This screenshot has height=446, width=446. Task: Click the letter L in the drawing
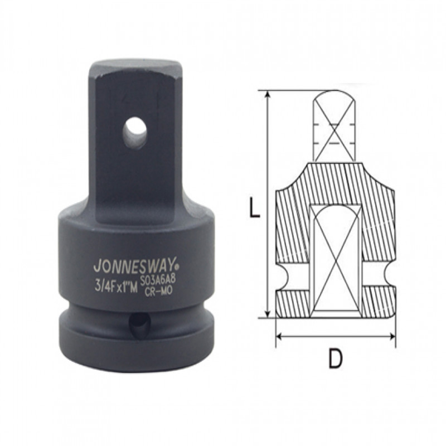[254, 209]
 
